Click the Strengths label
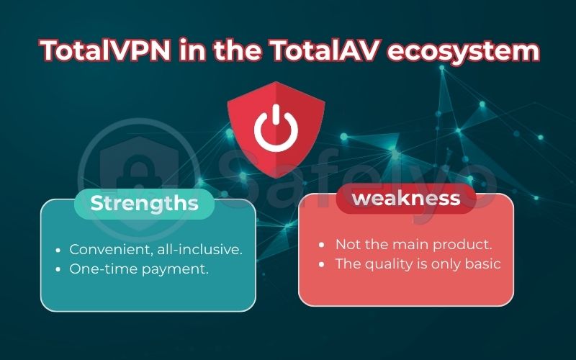click(144, 204)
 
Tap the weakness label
click(406, 198)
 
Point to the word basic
click(482, 264)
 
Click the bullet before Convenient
click(58, 250)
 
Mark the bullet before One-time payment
click(58, 269)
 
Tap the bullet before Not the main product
click(322, 245)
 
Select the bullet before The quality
click(322, 264)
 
